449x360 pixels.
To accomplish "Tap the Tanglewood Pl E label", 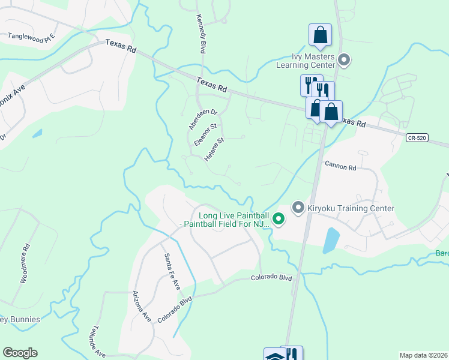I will click(x=31, y=36).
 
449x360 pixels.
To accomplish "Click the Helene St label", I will click(x=214, y=150).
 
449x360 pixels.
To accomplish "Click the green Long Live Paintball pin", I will click(x=279, y=219).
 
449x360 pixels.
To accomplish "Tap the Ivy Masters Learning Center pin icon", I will click(x=344, y=59).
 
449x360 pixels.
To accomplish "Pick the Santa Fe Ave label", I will click(x=172, y=269).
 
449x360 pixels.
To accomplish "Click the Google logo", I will click(x=20, y=353).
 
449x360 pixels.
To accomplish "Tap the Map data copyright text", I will click(x=423, y=355).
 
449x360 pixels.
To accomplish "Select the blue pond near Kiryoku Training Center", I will click(x=331, y=240).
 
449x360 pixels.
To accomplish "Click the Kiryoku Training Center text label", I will click(x=351, y=208).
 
